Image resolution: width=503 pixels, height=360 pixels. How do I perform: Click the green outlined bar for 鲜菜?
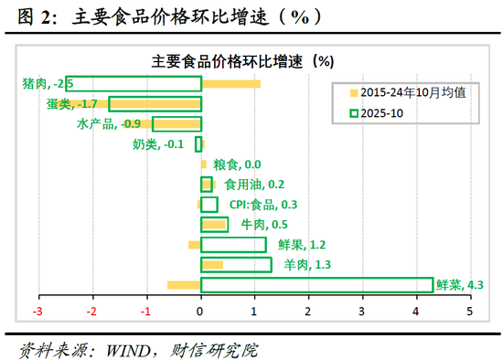[316, 285]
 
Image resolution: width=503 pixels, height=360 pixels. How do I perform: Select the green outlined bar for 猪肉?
[134, 84]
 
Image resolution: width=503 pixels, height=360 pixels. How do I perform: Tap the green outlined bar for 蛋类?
[155, 104]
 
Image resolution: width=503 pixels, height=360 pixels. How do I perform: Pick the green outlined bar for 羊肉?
[236, 265]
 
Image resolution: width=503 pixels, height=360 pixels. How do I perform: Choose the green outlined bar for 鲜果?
[233, 245]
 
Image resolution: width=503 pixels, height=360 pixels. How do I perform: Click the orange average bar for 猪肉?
[230, 84]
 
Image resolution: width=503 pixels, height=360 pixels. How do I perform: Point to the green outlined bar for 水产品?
[177, 124]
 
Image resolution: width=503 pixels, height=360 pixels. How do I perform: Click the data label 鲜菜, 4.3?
[460, 285]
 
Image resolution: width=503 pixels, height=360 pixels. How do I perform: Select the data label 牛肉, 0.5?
[264, 225]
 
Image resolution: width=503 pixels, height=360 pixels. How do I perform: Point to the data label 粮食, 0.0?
[237, 164]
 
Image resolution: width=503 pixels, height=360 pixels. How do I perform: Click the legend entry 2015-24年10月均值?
[402, 92]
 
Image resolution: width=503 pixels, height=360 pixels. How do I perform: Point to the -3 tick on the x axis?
[38, 312]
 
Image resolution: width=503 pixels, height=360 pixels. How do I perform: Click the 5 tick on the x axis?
[471, 312]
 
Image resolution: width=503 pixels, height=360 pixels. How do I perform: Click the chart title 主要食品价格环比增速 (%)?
[242, 60]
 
